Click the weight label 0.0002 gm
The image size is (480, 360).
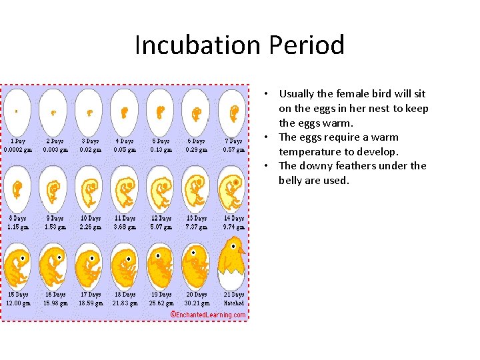(x=18, y=150)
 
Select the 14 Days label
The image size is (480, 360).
(x=233, y=218)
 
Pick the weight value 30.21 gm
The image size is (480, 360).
(x=197, y=303)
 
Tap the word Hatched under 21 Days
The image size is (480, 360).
(x=233, y=303)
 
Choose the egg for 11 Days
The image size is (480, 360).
(x=125, y=188)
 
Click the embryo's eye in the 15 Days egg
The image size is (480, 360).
(x=23, y=257)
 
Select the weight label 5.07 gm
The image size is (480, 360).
(x=161, y=227)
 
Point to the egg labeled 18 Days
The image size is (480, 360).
(x=125, y=265)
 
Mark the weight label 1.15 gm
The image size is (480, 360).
(x=18, y=227)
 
